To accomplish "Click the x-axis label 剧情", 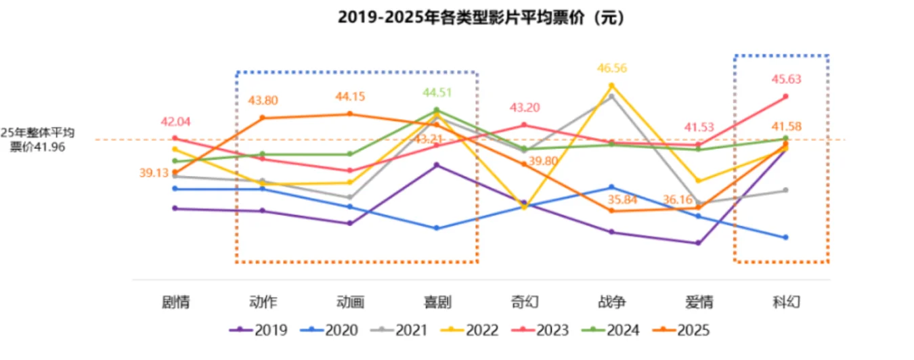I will click(x=175, y=302).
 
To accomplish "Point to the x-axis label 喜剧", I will click(x=437, y=302).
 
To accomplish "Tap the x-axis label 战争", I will click(x=611, y=302).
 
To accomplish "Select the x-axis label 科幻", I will click(x=786, y=302).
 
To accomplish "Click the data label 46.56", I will click(x=611, y=68).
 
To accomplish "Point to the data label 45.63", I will click(x=786, y=79).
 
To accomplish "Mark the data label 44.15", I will click(x=350, y=97).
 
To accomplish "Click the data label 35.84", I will click(x=611, y=199).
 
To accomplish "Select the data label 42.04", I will click(x=175, y=122).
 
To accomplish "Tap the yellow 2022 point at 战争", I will click(x=611, y=85).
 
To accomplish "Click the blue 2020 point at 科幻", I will click(x=786, y=238).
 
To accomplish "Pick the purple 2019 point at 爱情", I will click(x=698, y=243).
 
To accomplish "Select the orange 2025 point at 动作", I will click(x=263, y=118).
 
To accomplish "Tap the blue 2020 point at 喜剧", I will click(x=437, y=228).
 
